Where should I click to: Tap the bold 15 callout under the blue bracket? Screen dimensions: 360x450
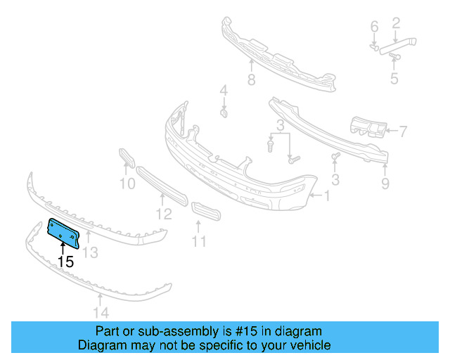pyautogui.click(x=65, y=262)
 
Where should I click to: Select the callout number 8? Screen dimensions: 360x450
pyautogui.click(x=251, y=79)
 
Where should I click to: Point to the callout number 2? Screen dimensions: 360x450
pyautogui.click(x=396, y=23)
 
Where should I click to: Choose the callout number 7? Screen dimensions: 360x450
pyautogui.click(x=403, y=130)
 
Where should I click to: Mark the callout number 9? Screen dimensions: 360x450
pyautogui.click(x=385, y=184)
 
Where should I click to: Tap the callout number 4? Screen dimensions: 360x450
pyautogui.click(x=224, y=91)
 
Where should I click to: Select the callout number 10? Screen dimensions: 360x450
pyautogui.click(x=127, y=185)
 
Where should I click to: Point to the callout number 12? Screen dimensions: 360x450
pyautogui.click(x=163, y=213)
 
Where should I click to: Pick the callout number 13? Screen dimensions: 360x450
pyautogui.click(x=90, y=252)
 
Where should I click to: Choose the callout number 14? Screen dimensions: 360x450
pyautogui.click(x=101, y=314)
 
